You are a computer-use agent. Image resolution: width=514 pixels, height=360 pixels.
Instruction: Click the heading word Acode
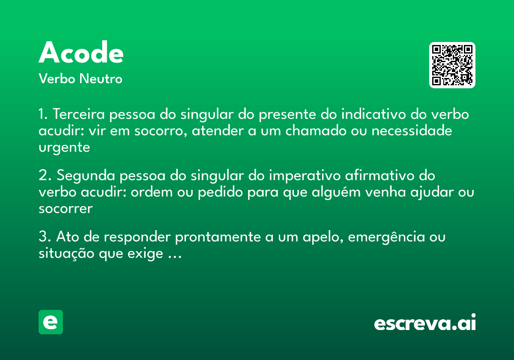point(81,54)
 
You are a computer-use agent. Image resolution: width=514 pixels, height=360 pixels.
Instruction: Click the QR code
point(452,65)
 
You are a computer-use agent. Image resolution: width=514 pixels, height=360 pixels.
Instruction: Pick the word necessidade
point(412,131)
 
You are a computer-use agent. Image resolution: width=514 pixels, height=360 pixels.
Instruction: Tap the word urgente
point(64,148)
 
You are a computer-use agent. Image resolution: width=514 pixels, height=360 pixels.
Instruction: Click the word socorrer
point(66,209)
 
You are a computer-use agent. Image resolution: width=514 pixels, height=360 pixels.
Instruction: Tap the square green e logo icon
point(51,322)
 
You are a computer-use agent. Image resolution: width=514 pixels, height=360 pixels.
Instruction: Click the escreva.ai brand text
point(424,323)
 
